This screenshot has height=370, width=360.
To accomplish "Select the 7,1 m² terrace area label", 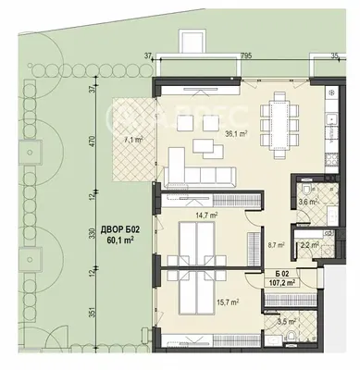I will point(129,140).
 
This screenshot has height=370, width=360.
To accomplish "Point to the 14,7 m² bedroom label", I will point(207,214).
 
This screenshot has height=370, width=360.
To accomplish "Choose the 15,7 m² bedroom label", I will point(228,302).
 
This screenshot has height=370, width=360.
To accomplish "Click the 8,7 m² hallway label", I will point(275,245).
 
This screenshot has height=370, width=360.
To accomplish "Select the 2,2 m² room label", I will point(309,245).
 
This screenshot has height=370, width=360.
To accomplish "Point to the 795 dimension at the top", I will point(245,55).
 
